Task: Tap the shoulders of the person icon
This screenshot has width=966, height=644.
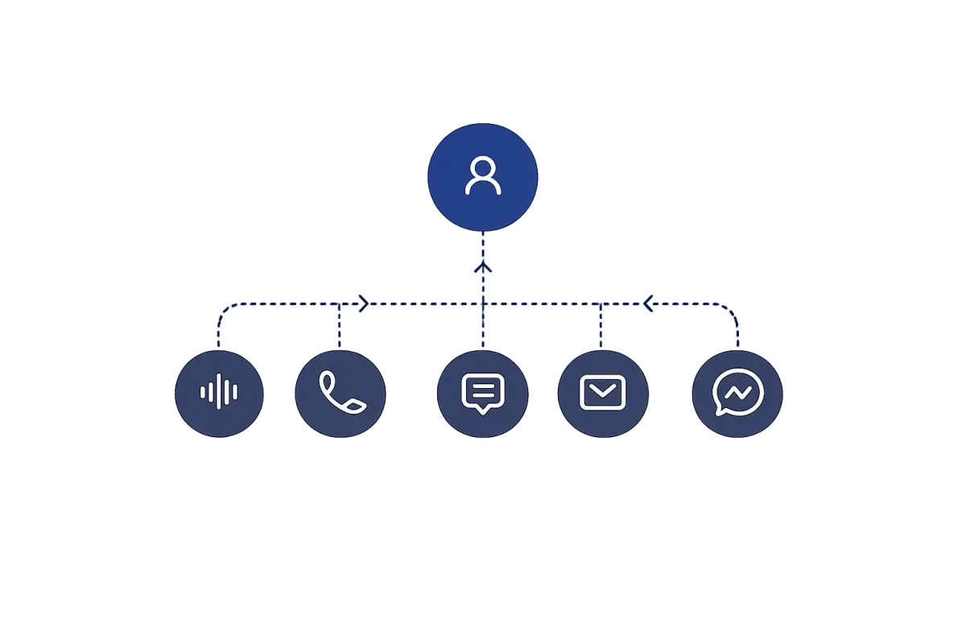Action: coord(482,189)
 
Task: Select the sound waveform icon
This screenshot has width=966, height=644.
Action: coord(219,393)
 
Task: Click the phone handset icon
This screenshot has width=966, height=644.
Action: coord(341,392)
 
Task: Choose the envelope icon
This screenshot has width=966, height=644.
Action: coord(602,393)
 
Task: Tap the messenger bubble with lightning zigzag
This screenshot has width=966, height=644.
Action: coord(737,393)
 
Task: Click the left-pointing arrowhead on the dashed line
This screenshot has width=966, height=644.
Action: coord(648,304)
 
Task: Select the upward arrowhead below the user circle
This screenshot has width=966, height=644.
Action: coord(482,268)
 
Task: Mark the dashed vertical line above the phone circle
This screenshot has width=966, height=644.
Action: coord(338,326)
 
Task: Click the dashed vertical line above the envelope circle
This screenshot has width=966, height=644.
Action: coord(601,326)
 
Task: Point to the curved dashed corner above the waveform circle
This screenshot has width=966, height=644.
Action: coord(221,312)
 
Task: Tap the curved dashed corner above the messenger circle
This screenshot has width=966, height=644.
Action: coord(733,312)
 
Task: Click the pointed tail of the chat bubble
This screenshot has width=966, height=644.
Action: coord(482,411)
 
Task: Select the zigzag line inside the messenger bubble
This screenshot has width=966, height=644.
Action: coord(738,392)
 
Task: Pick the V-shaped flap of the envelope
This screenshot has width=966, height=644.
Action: coord(602,390)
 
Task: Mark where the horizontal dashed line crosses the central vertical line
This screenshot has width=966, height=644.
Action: coord(482,305)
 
